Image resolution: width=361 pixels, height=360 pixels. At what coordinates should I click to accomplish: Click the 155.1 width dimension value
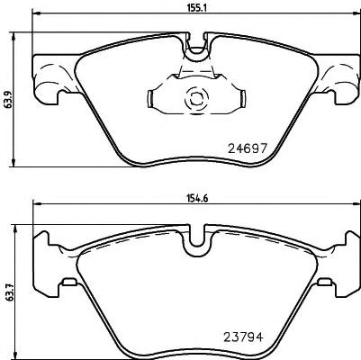click(x=195, y=7)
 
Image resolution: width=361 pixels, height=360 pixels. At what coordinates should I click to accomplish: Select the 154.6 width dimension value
click(x=197, y=198)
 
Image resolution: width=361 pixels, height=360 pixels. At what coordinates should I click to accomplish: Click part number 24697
click(x=248, y=148)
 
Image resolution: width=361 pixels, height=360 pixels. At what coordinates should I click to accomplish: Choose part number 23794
click(x=244, y=337)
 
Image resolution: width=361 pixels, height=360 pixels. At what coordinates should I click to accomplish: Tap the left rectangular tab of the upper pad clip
click(x=151, y=98)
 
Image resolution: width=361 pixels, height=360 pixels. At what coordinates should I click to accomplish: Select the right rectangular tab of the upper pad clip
click(x=242, y=98)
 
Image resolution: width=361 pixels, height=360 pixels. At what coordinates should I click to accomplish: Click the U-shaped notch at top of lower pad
click(x=197, y=240)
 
